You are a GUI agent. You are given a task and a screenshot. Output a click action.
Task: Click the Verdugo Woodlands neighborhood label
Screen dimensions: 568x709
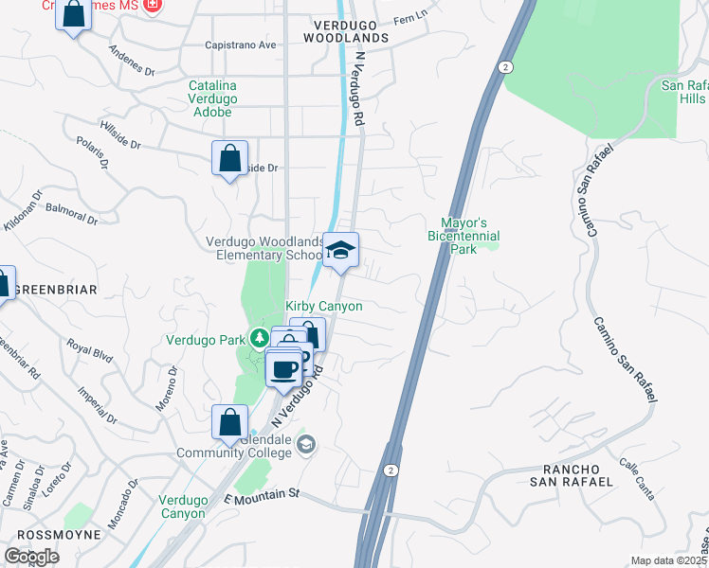(x=346, y=30)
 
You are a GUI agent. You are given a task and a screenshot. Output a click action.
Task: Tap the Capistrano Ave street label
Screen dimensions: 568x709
(x=241, y=44)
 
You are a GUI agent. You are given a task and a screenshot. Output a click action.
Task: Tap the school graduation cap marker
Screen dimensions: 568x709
(x=341, y=251)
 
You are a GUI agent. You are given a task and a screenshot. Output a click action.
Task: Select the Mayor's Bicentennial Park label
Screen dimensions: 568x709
(x=464, y=228)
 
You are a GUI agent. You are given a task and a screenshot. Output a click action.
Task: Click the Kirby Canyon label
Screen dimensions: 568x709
(x=324, y=307)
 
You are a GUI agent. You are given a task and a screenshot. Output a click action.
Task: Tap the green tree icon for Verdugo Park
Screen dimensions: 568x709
(x=257, y=339)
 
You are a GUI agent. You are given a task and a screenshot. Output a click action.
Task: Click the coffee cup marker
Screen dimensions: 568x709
(x=283, y=369)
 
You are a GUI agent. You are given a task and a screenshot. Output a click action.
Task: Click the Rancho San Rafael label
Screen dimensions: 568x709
(x=578, y=475)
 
